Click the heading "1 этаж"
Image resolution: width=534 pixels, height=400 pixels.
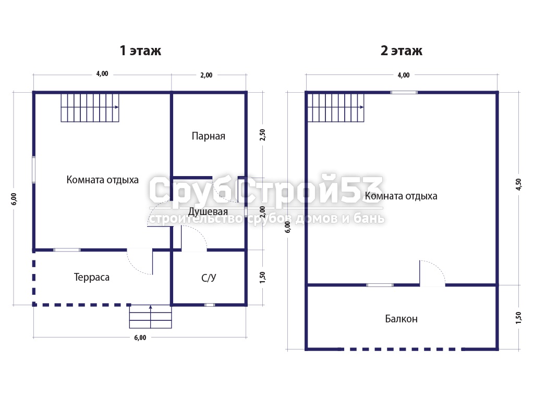coord(140,51)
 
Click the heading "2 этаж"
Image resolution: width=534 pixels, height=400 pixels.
coord(401,51)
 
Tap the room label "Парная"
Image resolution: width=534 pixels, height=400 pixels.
coord(209,136)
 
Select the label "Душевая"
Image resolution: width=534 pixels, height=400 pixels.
coord(208,211)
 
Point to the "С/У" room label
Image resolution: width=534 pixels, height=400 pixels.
coord(209,278)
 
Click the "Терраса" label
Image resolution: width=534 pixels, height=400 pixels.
coord(92,278)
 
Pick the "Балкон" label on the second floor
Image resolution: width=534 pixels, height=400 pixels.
coord(401,319)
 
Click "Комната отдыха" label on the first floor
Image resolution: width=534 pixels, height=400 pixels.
coord(103,180)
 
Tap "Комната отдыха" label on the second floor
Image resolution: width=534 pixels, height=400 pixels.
coord(401,196)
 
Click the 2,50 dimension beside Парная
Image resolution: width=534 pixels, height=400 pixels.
coord(262,135)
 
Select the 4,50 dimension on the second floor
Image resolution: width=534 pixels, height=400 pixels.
coord(518,184)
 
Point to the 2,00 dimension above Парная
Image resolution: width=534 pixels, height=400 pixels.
coord(207,75)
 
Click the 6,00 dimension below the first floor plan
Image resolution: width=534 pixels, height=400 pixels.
coord(140,337)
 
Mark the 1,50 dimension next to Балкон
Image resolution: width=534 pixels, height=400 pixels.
coord(518,318)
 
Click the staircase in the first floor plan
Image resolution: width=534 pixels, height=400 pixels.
coord(90,107)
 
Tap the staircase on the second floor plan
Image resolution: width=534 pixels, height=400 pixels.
coord(335,107)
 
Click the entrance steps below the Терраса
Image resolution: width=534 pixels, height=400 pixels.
coord(150,316)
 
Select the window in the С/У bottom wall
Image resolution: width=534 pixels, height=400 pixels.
coord(210,305)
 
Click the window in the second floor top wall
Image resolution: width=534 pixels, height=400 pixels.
coord(404,92)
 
